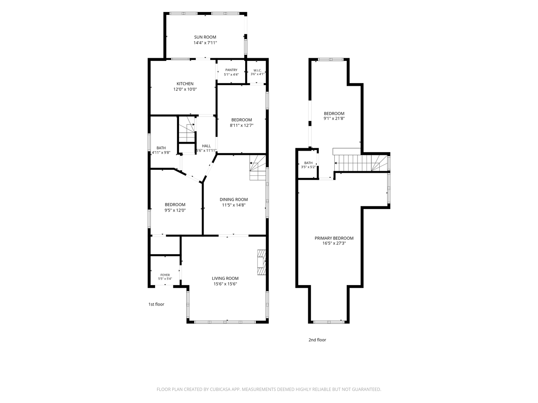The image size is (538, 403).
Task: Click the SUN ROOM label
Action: point(205,37)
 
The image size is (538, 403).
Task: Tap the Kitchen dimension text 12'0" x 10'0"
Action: point(185,89)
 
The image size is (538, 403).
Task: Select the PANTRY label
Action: point(231,70)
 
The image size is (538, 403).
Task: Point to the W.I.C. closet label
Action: point(257,71)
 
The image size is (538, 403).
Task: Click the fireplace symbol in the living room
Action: point(262,262)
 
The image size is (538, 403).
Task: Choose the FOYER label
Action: point(165,275)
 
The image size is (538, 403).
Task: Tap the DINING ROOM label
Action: point(234,199)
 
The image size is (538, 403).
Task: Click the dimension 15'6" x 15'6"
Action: point(225,284)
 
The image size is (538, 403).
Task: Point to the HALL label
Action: point(206,146)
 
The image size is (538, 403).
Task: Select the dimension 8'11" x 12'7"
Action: point(241,125)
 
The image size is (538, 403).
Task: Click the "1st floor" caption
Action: point(156,304)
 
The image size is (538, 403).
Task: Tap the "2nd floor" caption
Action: point(317,340)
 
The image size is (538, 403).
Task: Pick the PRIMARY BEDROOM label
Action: point(334,238)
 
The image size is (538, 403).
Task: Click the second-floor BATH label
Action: point(308,163)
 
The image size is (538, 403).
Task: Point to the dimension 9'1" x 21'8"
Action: point(334,118)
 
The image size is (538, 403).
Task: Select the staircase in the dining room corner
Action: point(258,168)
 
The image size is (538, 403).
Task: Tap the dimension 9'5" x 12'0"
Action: point(175,210)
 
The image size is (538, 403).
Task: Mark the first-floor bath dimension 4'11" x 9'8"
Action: point(161,153)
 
